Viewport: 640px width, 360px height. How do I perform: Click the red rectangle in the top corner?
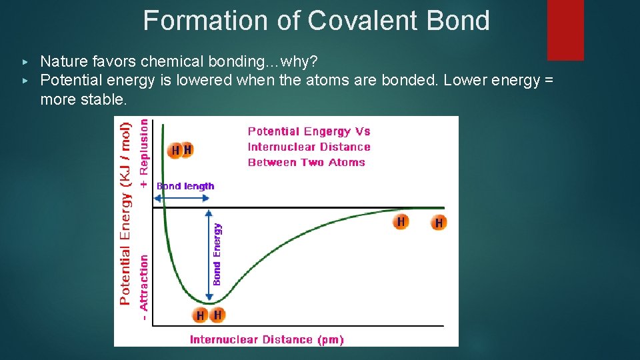565,30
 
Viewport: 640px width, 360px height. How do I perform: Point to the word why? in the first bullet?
300,62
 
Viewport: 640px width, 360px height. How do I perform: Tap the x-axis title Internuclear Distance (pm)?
267,340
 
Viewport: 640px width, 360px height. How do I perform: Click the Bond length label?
185,187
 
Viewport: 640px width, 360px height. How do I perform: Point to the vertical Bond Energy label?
217,253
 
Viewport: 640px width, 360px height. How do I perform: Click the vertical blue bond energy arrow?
209,253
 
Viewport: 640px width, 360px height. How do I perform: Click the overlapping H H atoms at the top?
181,151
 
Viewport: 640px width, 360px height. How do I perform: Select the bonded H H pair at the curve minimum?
209,315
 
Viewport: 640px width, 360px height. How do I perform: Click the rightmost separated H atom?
438,223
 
